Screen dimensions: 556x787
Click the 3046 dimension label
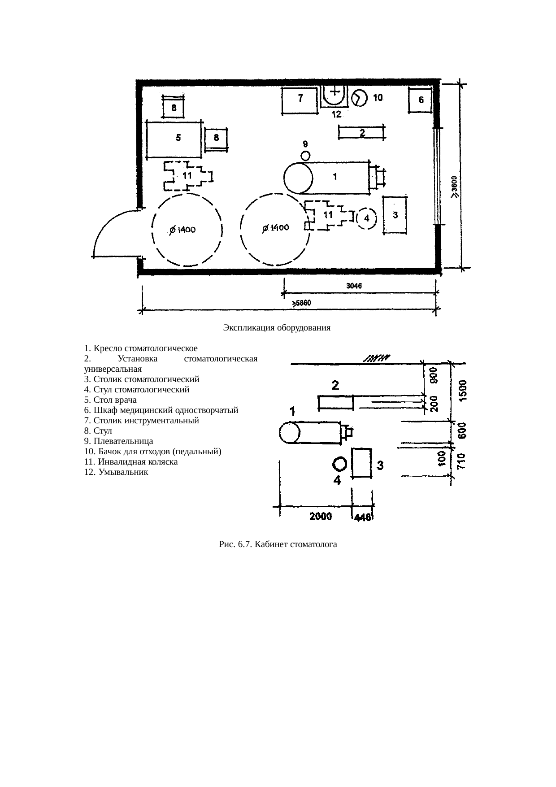354,285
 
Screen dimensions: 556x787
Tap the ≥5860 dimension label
302,303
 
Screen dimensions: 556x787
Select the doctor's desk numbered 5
174,139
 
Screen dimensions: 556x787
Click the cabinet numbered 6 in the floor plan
420,100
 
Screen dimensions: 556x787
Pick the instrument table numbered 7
300,101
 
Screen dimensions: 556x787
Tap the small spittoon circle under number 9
306,156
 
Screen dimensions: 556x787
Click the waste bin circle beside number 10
359,98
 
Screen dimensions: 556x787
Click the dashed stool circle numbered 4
366,218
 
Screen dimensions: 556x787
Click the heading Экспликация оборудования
277,328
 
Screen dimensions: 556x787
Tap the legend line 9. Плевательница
118,441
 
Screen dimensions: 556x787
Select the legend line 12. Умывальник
116,472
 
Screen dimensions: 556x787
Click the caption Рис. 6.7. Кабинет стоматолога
278,545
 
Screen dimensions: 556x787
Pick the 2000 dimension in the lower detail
321,516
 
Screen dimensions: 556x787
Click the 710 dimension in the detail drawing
462,461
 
